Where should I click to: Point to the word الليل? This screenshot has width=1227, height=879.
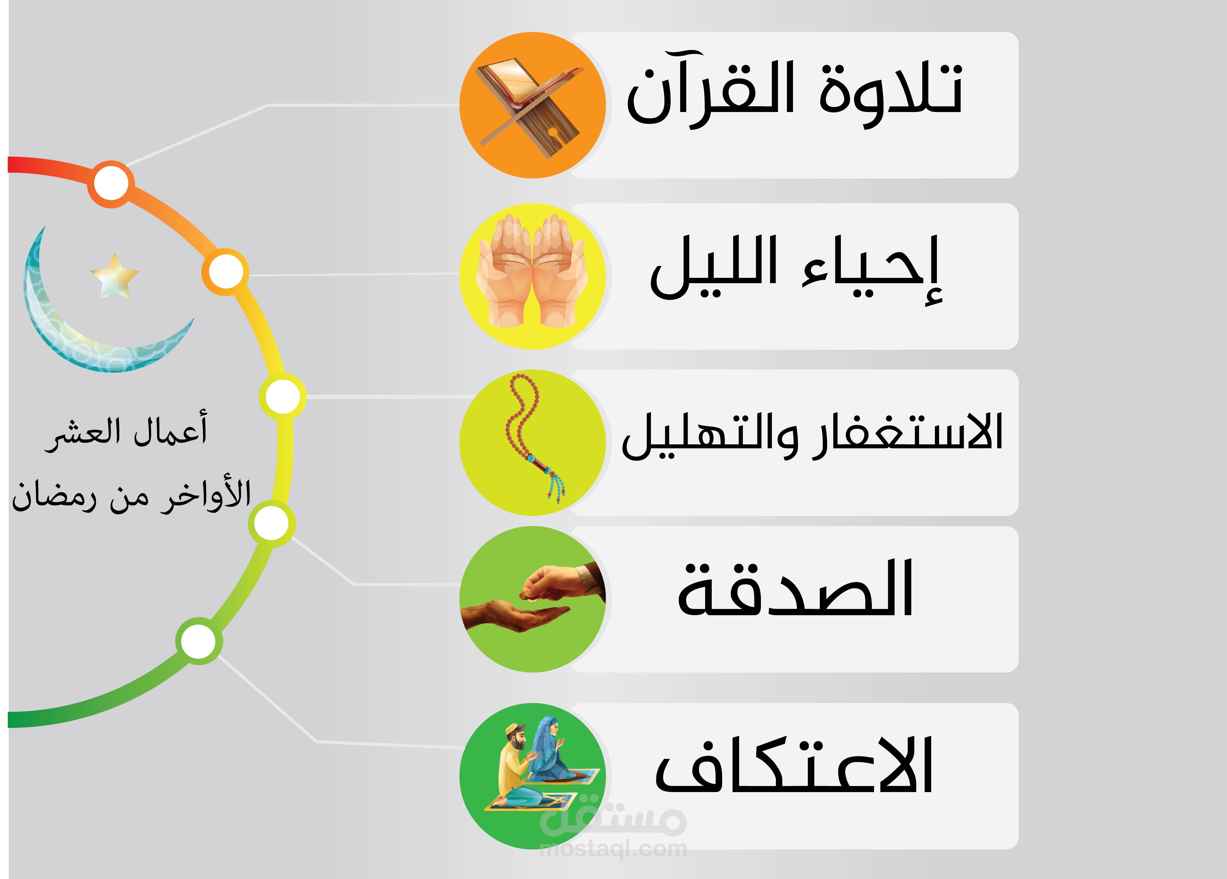(x=714, y=268)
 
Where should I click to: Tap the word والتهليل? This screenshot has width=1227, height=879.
(x=709, y=435)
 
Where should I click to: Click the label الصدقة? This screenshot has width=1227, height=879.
(x=795, y=590)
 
